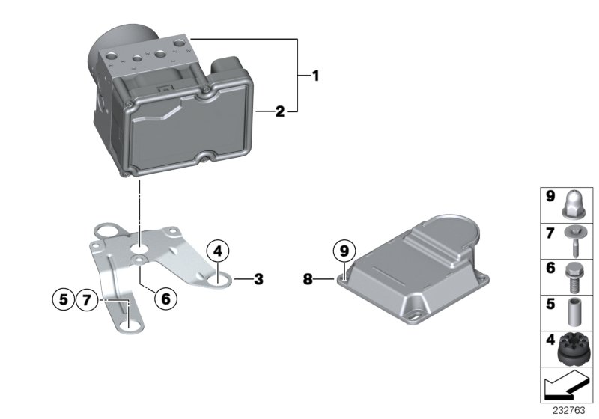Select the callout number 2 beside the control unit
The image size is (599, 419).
pyautogui.click(x=279, y=112)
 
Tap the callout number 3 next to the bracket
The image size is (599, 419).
pyautogui.click(x=258, y=280)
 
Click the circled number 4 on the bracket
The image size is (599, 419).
pyautogui.click(x=217, y=251)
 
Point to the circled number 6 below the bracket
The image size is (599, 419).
pyautogui.click(x=166, y=298)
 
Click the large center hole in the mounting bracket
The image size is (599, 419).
pyautogui.click(x=140, y=246)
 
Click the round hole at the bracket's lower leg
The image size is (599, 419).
pyautogui.click(x=132, y=325)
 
